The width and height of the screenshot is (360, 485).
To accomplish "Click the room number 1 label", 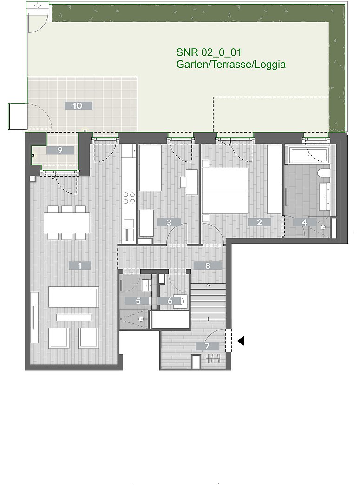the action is tap(79, 265).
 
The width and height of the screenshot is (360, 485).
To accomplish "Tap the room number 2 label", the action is tap(259, 222).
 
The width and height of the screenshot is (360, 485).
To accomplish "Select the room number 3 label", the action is tap(169, 222).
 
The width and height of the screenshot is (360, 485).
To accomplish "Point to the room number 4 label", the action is tap(305, 222).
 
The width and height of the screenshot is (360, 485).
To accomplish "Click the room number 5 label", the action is tap(138, 301).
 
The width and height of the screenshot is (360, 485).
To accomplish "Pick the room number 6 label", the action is tap(170, 301).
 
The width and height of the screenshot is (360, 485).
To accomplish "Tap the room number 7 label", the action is tap(207, 346).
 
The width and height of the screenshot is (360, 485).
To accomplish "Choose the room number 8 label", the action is tap(207, 265).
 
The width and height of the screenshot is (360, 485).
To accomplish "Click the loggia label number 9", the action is tap(60, 150).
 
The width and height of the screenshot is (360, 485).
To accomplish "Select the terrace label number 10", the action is tap(78, 106).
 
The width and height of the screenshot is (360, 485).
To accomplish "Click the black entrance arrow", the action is tap(241, 341).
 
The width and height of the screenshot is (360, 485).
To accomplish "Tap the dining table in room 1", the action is tap(67, 222).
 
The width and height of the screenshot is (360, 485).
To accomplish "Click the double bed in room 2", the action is tap(225, 191).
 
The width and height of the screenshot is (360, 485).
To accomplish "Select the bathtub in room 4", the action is tap(308, 155).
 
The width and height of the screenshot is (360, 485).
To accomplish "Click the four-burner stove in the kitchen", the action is tap(129, 198).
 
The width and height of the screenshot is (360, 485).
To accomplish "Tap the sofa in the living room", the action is tap(74, 297).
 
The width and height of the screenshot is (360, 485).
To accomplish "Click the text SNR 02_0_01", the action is tap(209, 52).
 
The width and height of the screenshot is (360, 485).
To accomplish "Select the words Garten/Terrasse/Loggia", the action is tap(231, 65).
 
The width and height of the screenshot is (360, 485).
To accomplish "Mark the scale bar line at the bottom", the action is tap(175, 484).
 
